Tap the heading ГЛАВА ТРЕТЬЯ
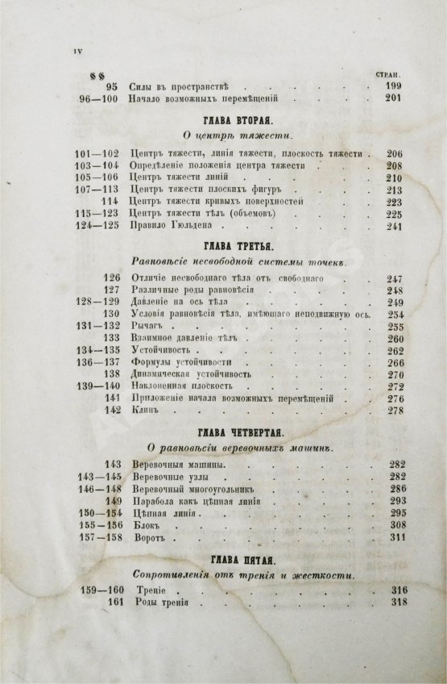click(x=223, y=242)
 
